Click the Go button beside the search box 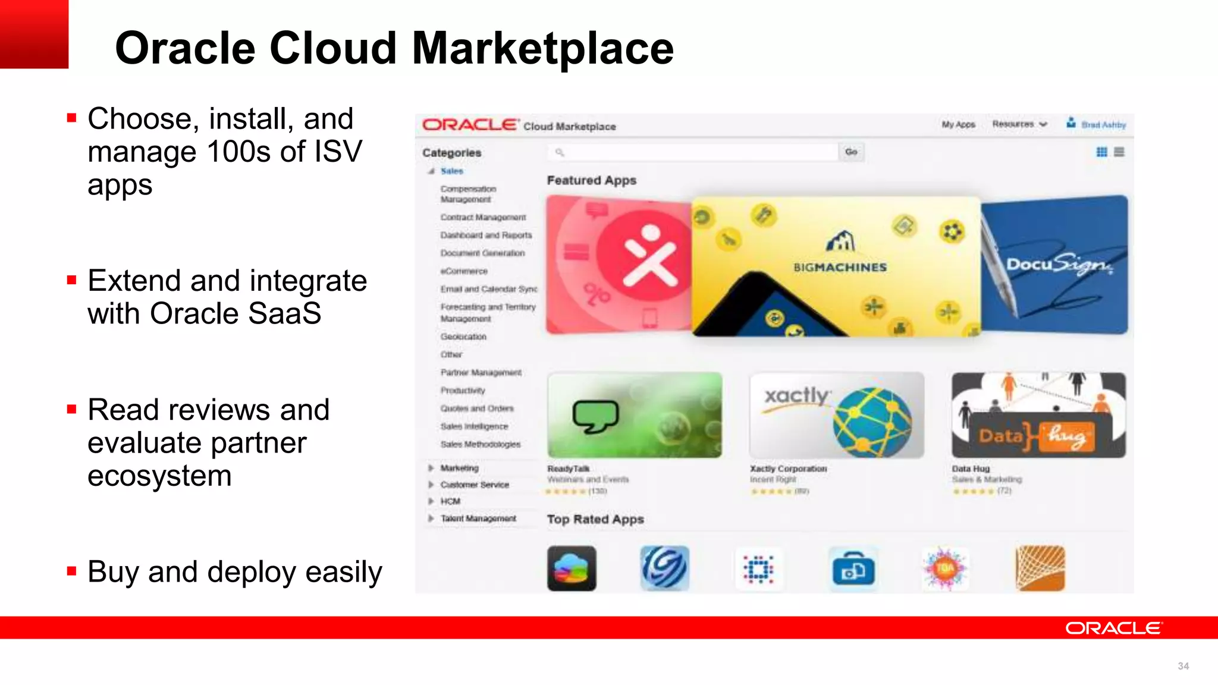(x=851, y=152)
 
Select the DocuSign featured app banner (x=1055, y=265)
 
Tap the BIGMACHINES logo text (x=840, y=268)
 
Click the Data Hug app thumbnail (x=1038, y=415)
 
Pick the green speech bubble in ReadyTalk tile (x=595, y=416)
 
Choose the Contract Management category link (x=483, y=218)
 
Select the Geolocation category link (x=463, y=337)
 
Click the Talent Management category (x=478, y=519)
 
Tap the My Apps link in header (x=958, y=124)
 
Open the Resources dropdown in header (x=1019, y=124)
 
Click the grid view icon (x=1101, y=152)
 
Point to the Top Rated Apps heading (x=595, y=519)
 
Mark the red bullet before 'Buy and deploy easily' (x=72, y=571)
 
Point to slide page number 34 (x=1183, y=666)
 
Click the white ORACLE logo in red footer (x=1112, y=628)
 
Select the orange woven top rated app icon (x=1040, y=568)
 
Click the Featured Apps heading (x=591, y=180)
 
